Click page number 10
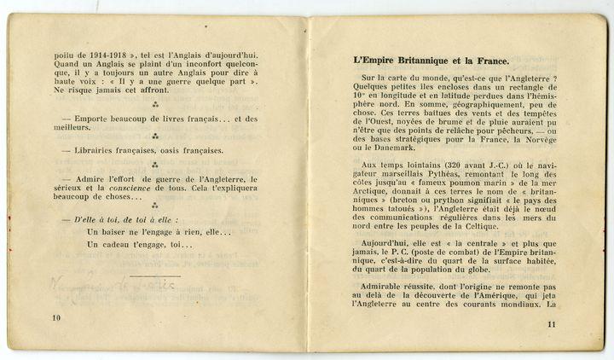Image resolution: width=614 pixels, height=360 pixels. (x=56, y=317)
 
